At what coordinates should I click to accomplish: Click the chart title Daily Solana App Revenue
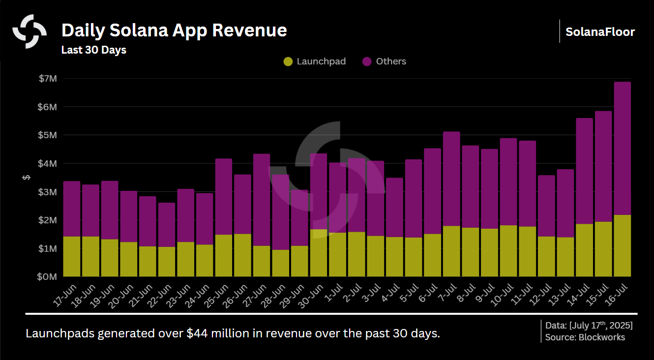pyautogui.click(x=174, y=30)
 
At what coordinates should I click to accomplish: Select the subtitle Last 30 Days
pyautogui.click(x=93, y=50)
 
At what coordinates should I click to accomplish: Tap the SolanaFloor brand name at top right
pyautogui.click(x=600, y=32)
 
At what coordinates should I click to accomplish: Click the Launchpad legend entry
pyautogui.click(x=315, y=61)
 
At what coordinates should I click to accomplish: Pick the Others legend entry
pyautogui.click(x=385, y=61)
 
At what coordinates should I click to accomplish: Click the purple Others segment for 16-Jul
pyautogui.click(x=622, y=148)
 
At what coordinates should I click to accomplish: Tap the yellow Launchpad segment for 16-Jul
pyautogui.click(x=622, y=246)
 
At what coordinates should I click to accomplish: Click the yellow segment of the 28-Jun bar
pyautogui.click(x=280, y=263)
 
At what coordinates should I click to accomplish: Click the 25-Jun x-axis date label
pyautogui.click(x=218, y=295)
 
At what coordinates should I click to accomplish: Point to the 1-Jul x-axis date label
pyautogui.click(x=333, y=294)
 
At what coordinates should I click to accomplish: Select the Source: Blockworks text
pyautogui.click(x=585, y=337)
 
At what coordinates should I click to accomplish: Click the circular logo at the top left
pyautogui.click(x=30, y=31)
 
